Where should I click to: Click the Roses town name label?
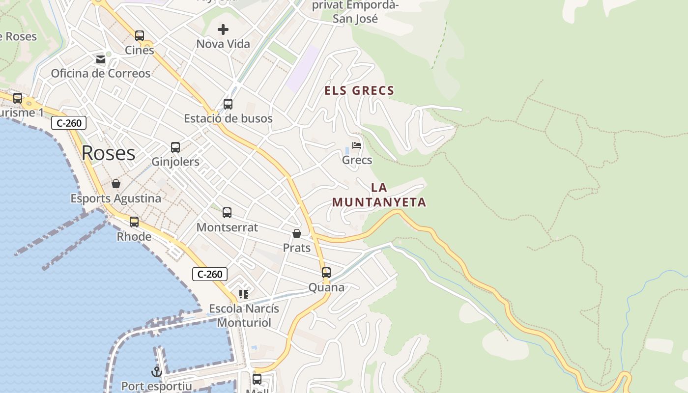tap(108, 153)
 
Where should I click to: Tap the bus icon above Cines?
tap(140, 36)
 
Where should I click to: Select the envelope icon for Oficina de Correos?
tap(101, 59)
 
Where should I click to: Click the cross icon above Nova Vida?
tap(223, 29)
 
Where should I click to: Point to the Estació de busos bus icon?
tap(228, 104)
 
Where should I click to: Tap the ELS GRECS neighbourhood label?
tap(359, 91)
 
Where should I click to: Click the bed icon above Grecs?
tap(357, 145)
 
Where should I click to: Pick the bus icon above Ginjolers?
tap(175, 147)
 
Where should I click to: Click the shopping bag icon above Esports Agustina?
tap(116, 184)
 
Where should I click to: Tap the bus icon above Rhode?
tap(134, 222)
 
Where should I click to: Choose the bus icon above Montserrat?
tap(227, 213)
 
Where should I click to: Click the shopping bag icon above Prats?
tap(297, 233)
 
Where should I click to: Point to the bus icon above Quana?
tap(326, 273)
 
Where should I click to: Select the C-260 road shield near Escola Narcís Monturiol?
tap(210, 274)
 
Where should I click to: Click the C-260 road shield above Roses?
tap(69, 123)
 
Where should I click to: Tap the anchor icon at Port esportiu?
tap(156, 371)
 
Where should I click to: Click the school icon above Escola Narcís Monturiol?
tap(243, 294)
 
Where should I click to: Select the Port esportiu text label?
tap(156, 386)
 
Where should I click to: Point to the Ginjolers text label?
tap(175, 162)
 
